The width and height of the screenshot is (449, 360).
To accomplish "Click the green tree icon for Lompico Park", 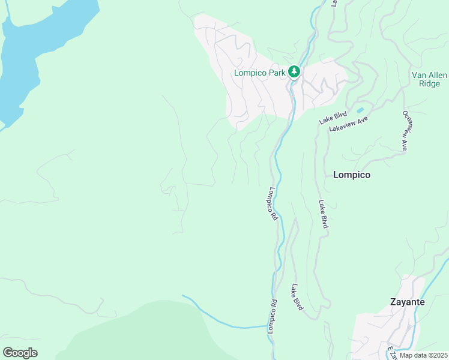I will click(x=294, y=72).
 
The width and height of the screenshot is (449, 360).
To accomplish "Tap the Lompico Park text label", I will click(x=260, y=73).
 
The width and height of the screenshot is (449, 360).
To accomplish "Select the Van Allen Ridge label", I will click(x=426, y=79).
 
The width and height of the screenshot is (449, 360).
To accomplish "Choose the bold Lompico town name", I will click(x=351, y=175).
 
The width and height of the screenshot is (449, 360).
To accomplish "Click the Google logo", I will click(x=20, y=352).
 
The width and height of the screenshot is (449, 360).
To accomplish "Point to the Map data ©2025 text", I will click(x=423, y=355).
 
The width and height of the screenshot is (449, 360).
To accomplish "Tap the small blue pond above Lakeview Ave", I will click(x=360, y=110).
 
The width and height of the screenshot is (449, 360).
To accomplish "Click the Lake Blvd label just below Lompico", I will click(x=323, y=214).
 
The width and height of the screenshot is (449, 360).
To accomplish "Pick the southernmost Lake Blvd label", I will click(x=297, y=297).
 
